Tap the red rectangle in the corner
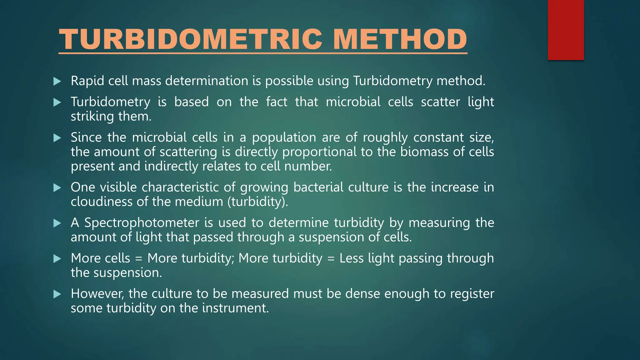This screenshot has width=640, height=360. pos(566,30)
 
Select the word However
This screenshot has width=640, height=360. pos(97,294)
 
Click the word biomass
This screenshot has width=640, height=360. pos(424,152)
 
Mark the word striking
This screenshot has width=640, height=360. pos(92,117)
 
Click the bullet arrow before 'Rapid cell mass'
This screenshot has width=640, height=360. pos(57,82)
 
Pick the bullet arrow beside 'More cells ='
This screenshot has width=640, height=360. pos(57,259)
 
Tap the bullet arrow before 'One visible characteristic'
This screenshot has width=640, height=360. pos(57,188)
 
